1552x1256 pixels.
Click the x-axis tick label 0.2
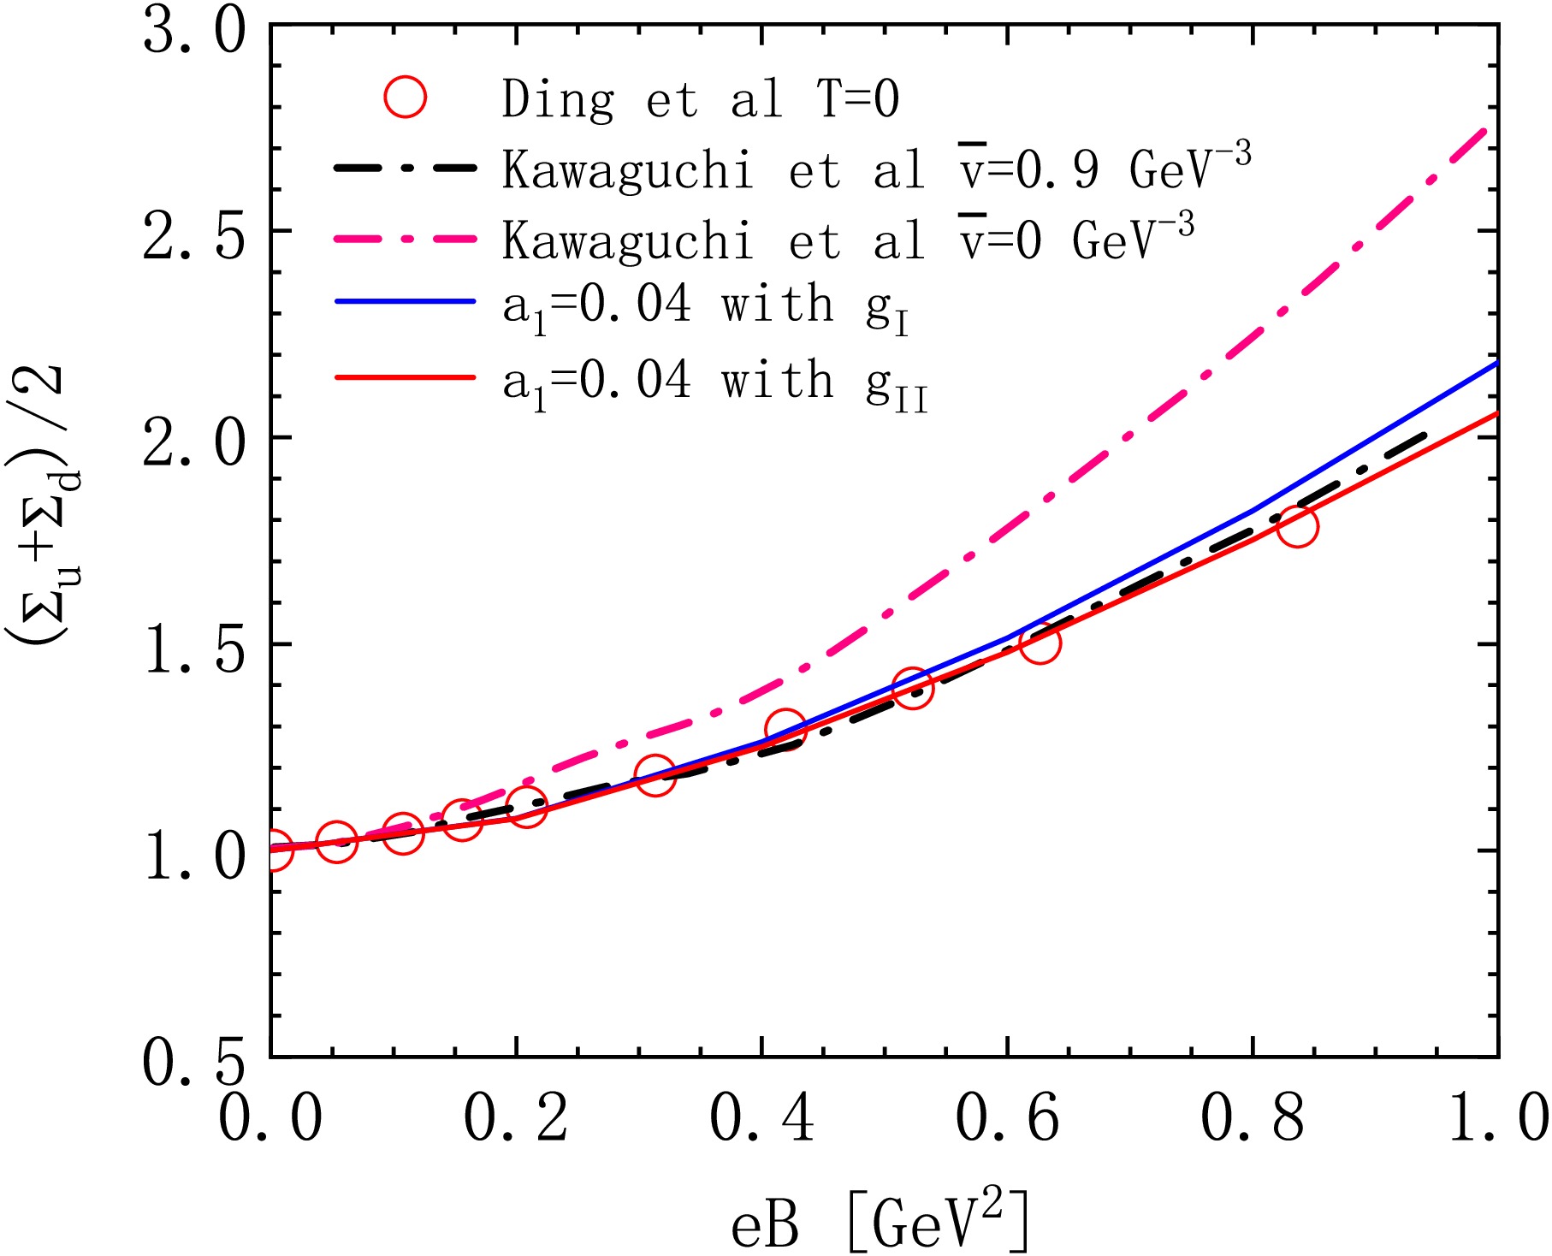click(x=516, y=1117)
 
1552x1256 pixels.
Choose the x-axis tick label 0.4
click(x=761, y=1117)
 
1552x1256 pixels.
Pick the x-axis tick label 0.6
click(x=1007, y=1117)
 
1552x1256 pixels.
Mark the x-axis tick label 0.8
click(x=1253, y=1117)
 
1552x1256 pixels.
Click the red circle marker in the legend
click(x=405, y=97)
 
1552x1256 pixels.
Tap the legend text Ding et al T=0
click(x=700, y=99)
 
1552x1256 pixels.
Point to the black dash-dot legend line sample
click(x=405, y=168)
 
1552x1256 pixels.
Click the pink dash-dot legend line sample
click(x=405, y=239)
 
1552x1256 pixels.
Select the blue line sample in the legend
click(x=405, y=301)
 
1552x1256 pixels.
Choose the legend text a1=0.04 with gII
click(x=714, y=382)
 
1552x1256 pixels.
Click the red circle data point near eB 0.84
click(x=1297, y=526)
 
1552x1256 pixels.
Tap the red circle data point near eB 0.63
click(x=1040, y=643)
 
